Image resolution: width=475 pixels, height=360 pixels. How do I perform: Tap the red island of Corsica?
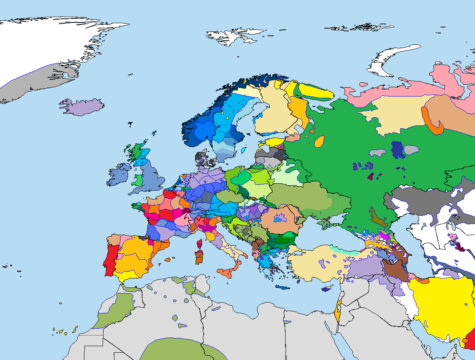coord(200,244)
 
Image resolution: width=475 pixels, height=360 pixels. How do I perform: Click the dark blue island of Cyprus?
coord(326,289)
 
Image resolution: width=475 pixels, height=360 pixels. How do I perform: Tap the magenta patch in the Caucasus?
coord(383,235)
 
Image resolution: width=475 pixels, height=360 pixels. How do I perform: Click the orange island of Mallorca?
coord(167,259)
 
